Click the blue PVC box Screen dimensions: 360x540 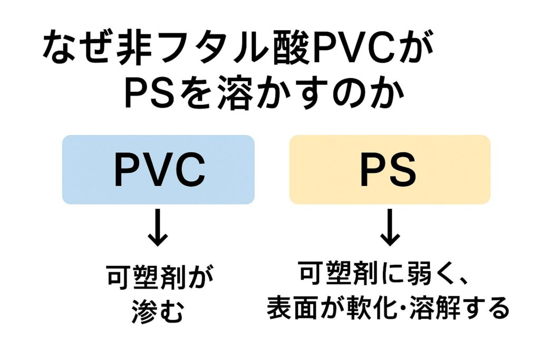coord(158,169)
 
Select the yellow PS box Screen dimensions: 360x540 coord(390,169)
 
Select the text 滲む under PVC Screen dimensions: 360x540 coord(158,311)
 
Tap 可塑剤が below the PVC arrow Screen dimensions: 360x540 coord(158,278)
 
